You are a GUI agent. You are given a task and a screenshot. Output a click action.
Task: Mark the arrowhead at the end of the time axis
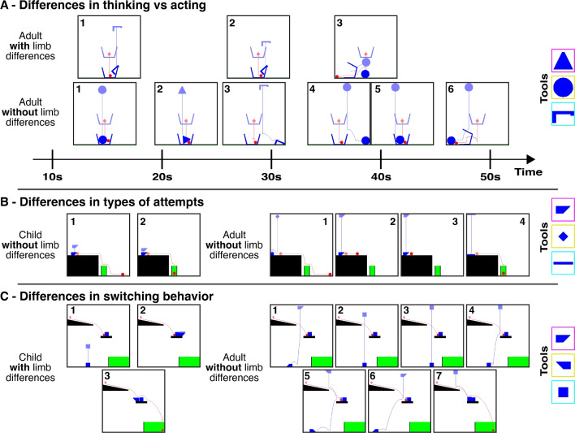[530, 159]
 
